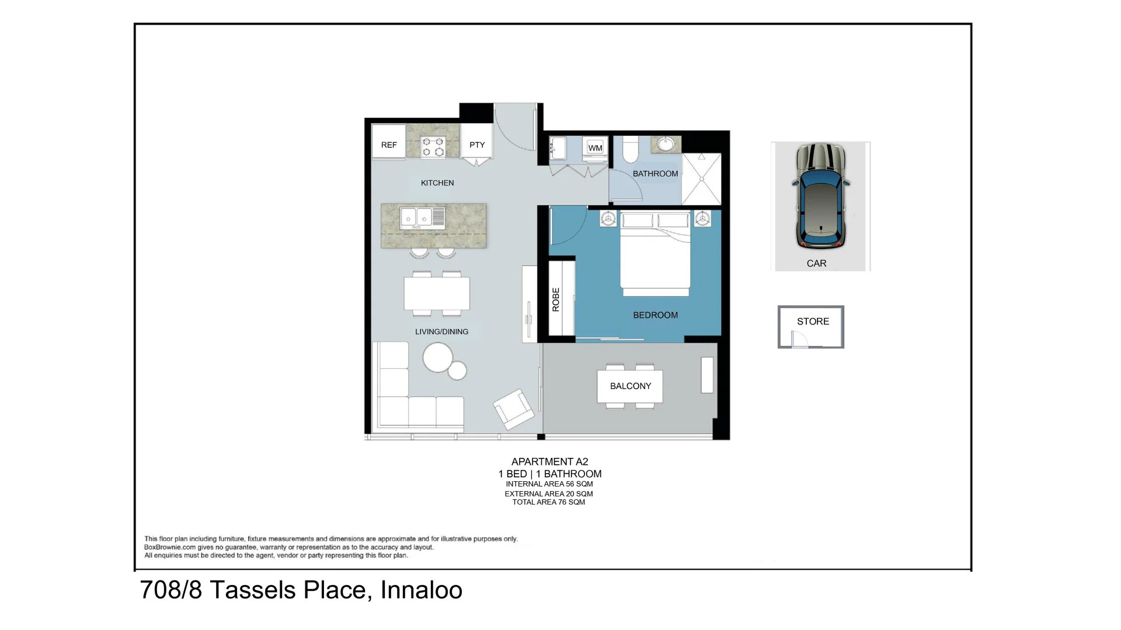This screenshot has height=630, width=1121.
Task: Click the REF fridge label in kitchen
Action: coord(389,145)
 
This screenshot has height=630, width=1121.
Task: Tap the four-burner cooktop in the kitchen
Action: coord(433,146)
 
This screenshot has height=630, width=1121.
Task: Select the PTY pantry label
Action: coord(477,145)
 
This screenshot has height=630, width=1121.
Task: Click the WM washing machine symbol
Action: coord(595,148)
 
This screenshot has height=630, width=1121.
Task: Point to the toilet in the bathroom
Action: coord(631,150)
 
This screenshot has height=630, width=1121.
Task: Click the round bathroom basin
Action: coord(666,144)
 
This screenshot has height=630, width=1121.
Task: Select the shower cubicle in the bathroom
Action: coord(702,178)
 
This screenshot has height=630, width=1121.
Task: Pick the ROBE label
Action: coord(556,299)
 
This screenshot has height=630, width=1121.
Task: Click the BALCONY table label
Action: coord(630,386)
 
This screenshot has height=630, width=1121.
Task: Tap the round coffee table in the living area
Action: coord(438,357)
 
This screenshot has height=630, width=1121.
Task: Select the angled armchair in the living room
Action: coord(513,408)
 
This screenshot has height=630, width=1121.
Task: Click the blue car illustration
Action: coord(820,198)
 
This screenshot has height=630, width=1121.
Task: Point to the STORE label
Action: coord(813,321)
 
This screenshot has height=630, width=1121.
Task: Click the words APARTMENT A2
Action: coord(549,461)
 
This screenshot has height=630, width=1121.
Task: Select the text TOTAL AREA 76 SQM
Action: coord(548,502)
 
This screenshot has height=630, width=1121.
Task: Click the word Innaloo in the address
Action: coord(421,590)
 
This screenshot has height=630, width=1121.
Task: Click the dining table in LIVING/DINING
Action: coord(437,293)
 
